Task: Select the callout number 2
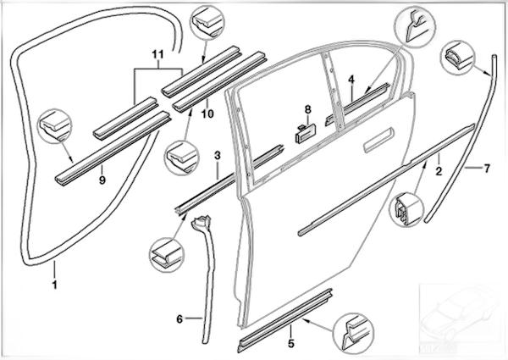coord(439,170)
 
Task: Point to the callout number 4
coord(351,79)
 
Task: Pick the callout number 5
coord(290,343)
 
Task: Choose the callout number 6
coord(179,319)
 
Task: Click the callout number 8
coord(308,109)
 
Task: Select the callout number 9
coord(102,180)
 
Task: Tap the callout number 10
coord(205,111)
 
